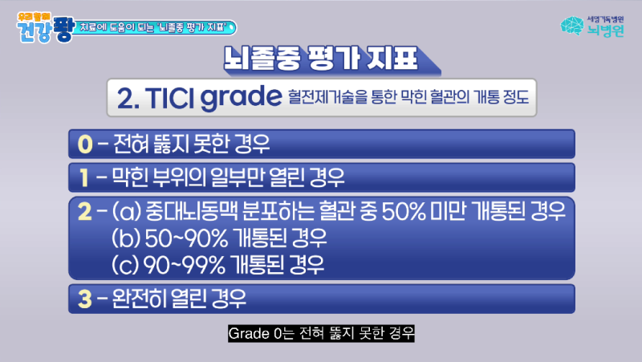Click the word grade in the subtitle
click(x=237, y=98)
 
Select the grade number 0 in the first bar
click(x=85, y=144)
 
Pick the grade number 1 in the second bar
click(x=83, y=174)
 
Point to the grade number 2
click(x=85, y=212)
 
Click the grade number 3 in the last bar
click(x=85, y=299)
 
